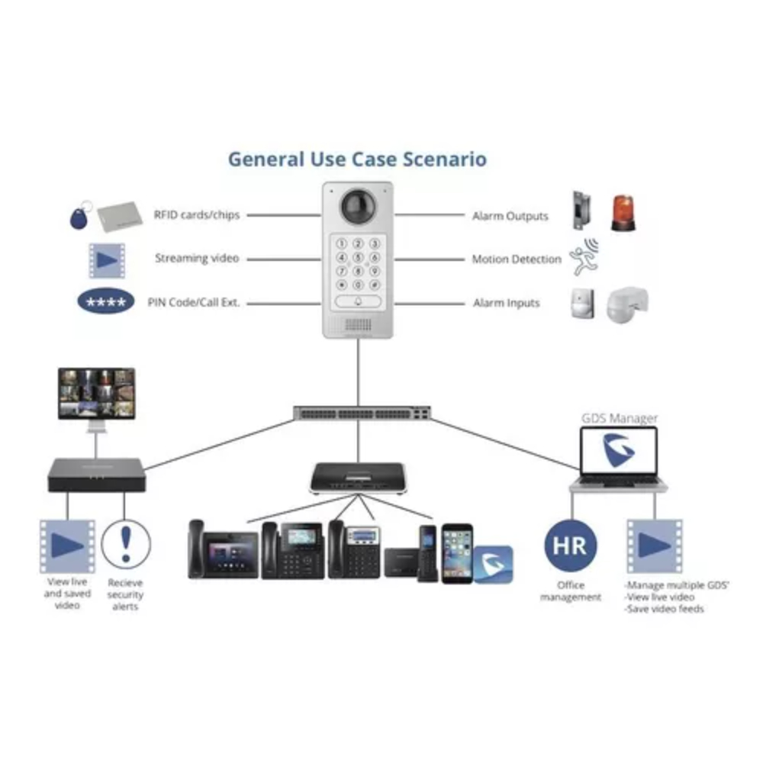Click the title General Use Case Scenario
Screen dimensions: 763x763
coord(357,159)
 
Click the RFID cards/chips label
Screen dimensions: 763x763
coord(197,215)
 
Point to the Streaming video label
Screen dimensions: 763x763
coord(197,259)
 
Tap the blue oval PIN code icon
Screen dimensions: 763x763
coord(106,303)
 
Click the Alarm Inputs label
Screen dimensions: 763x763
coord(506,303)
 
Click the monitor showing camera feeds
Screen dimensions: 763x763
coord(97,393)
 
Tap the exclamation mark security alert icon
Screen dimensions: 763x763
coord(125,543)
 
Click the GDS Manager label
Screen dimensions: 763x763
coord(619,418)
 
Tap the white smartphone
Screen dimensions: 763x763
coord(457,552)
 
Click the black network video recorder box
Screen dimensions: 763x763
coord(95,474)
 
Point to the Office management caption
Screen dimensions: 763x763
coord(571,591)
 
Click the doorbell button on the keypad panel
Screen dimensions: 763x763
coord(357,301)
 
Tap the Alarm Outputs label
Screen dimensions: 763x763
coord(510,216)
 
